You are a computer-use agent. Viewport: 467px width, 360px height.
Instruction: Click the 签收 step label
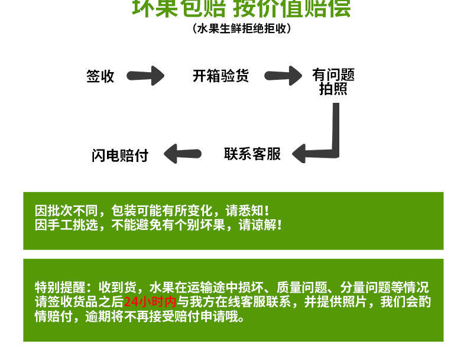pyautogui.click(x=100, y=76)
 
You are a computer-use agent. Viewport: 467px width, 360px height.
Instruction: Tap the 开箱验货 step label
pyautogui.click(x=220, y=76)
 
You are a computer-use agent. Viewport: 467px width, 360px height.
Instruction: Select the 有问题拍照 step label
pyautogui.click(x=333, y=82)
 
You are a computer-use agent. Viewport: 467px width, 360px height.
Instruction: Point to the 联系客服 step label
pyautogui.click(x=252, y=154)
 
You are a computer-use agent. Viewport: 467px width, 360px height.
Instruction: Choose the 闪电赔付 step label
pyautogui.click(x=120, y=155)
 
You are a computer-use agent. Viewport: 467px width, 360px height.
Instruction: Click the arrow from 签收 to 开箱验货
pyautogui.click(x=146, y=76)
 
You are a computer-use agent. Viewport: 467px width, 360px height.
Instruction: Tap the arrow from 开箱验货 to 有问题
pyautogui.click(x=283, y=76)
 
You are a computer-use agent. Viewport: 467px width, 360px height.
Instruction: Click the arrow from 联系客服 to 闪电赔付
pyautogui.click(x=182, y=155)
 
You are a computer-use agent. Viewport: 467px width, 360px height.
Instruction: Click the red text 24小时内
pyautogui.click(x=150, y=302)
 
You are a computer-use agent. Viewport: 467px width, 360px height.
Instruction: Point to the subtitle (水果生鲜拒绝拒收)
pyautogui.click(x=241, y=28)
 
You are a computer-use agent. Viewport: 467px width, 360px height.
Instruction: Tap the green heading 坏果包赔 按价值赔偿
pyautogui.click(x=241, y=8)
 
